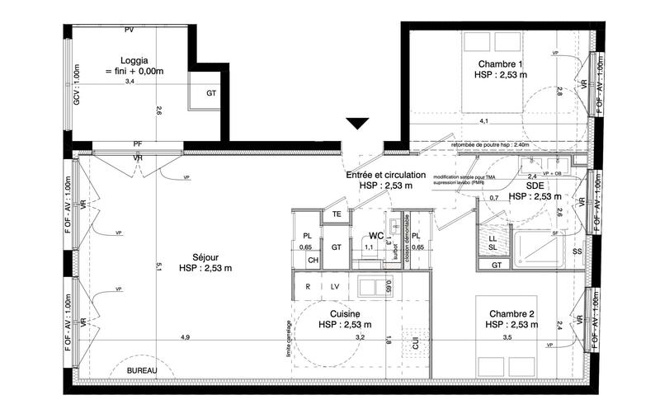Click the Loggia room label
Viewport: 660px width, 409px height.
click(x=134, y=60)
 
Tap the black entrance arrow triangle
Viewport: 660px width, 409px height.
click(x=357, y=124)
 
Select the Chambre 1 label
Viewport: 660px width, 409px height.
click(x=501, y=64)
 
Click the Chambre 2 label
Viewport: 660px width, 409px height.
click(x=512, y=313)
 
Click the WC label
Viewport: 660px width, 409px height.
click(x=376, y=236)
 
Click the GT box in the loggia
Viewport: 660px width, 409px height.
click(x=211, y=93)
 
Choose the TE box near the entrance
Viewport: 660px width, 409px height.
click(x=337, y=215)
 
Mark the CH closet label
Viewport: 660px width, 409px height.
click(x=313, y=261)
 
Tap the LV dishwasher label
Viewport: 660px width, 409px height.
click(x=336, y=286)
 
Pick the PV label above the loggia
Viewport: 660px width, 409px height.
click(x=129, y=30)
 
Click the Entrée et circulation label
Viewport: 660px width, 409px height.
click(x=386, y=175)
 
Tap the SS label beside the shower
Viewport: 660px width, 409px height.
click(x=577, y=251)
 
